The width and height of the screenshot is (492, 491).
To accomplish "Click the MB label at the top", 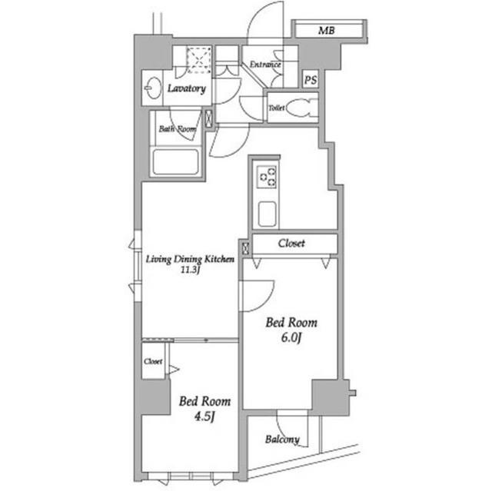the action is (326, 31).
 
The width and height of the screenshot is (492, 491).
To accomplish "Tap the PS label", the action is (311, 80).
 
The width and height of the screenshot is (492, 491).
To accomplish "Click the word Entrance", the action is (265, 65).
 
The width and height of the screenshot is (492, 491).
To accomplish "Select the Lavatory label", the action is (187, 88).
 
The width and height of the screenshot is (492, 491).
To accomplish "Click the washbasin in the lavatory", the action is (153, 88).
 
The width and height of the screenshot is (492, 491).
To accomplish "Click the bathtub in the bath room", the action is (176, 162).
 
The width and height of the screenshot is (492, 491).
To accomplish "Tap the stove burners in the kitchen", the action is (267, 177).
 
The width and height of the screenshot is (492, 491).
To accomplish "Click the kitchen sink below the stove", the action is (267, 214).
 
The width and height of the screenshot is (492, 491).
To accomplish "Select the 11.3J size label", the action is (190, 270).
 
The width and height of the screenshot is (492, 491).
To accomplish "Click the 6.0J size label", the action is (291, 338).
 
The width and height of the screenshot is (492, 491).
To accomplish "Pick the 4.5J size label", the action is (204, 416).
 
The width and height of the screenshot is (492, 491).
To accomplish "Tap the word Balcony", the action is (282, 440).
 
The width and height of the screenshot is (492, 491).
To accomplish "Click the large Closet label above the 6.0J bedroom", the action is (291, 243).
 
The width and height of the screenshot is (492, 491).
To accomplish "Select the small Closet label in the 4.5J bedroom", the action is (153, 361).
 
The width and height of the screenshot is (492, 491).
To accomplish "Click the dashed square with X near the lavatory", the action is (199, 61).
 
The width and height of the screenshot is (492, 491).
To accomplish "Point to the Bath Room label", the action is (178, 129).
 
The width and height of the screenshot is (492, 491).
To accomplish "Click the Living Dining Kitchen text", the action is (190, 259).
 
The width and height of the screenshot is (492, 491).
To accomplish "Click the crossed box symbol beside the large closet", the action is (245, 248).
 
